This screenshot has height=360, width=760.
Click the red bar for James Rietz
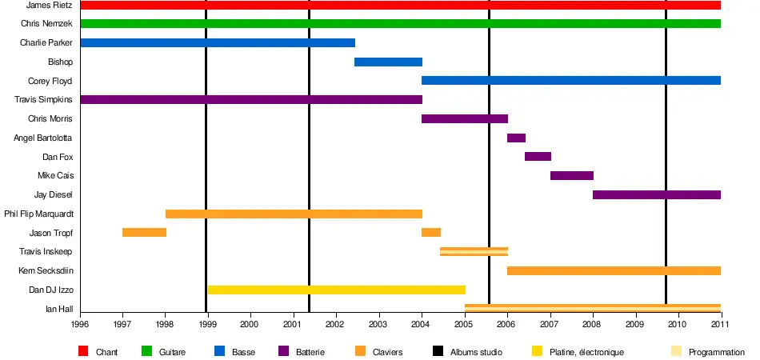point(400,6)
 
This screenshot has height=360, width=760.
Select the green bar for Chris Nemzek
point(400,23)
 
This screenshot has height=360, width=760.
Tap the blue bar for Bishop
point(388,62)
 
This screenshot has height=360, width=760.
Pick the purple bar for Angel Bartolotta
point(516,138)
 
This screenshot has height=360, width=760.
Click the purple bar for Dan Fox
point(538,156)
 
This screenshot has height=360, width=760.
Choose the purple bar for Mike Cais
point(571,175)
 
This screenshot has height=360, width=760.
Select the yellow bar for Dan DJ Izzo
point(336,290)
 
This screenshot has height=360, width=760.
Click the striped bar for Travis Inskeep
point(474,251)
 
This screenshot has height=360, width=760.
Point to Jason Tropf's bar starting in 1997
point(144,232)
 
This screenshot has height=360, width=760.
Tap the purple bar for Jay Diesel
point(656,194)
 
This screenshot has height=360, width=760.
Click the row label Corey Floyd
point(50,81)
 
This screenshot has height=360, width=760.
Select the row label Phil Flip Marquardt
point(38,214)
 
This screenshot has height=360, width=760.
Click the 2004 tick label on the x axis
point(422,324)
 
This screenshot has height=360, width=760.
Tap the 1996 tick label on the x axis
point(80,324)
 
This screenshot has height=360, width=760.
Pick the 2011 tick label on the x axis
point(721,324)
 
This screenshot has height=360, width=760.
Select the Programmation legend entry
point(716,352)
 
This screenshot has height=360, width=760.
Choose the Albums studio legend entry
point(476,352)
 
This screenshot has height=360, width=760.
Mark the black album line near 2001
point(309,160)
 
